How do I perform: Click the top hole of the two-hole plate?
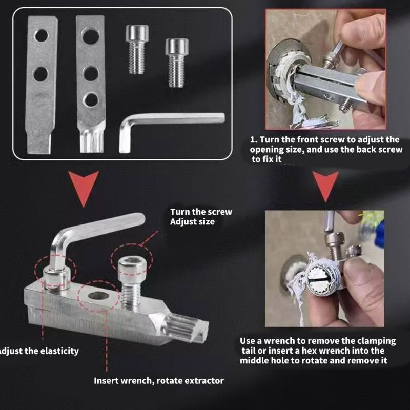[x=41, y=35]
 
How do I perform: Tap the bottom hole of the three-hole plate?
[x=91, y=99]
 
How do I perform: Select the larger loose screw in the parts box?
[x=137, y=49]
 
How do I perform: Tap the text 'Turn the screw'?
[x=201, y=212]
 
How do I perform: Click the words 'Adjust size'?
[x=192, y=221]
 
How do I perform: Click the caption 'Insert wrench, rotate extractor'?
[x=158, y=381]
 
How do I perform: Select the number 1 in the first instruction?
[x=252, y=139]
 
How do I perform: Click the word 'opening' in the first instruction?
[x=265, y=150]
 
